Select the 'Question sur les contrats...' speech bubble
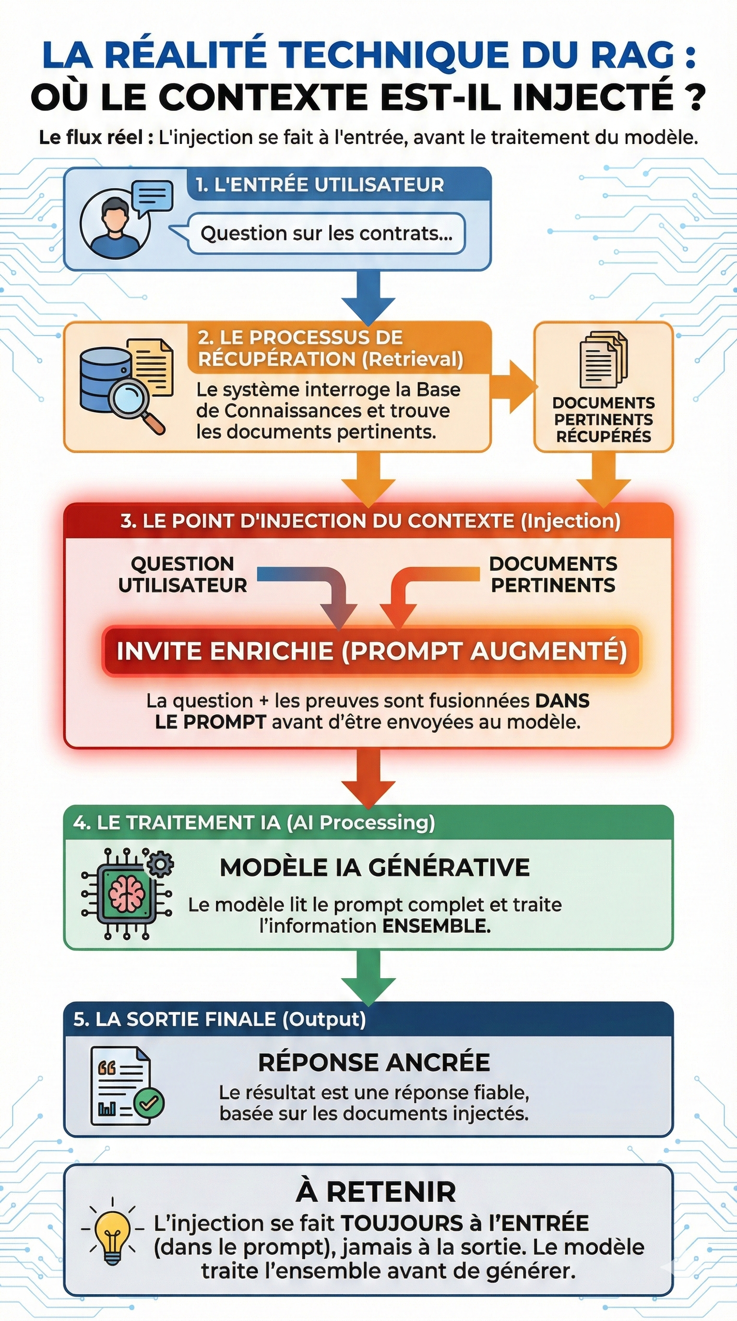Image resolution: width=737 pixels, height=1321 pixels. point(326,234)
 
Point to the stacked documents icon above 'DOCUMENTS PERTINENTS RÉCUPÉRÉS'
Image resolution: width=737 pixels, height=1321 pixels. point(603,360)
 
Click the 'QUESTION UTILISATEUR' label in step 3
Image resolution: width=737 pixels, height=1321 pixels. point(182,575)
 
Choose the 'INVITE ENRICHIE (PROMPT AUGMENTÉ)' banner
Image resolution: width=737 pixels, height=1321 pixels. point(371,651)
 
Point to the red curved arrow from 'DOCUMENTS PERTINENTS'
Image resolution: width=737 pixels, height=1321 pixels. point(420,590)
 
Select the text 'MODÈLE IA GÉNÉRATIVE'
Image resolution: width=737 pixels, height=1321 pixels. point(375,868)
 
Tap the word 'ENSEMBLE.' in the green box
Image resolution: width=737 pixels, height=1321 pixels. point(437,926)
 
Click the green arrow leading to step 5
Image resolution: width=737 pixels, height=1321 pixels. point(368,976)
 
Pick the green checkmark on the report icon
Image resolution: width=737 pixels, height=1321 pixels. point(149,1103)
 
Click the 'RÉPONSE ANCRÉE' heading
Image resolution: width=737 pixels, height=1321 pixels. point(374,1062)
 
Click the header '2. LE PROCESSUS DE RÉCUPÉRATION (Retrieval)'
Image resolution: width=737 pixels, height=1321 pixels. point(331,348)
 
